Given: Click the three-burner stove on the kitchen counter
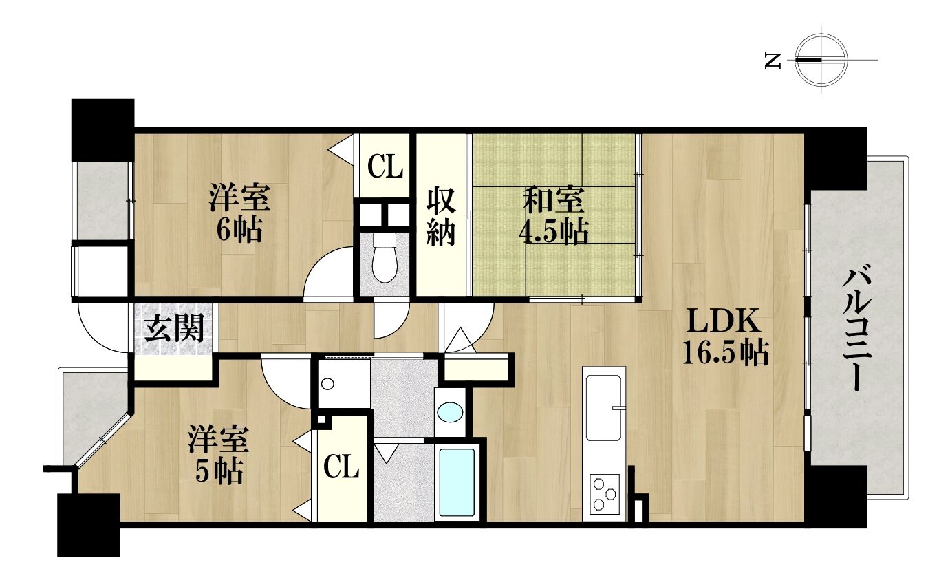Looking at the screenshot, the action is point(605,494).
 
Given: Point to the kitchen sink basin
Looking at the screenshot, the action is point(604,408).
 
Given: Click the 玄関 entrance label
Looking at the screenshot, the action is point(174,327).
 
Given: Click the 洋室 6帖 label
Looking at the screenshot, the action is point(239,213).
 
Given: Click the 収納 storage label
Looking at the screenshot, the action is point(441,217).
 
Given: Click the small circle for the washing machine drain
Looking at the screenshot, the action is point(327,385).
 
